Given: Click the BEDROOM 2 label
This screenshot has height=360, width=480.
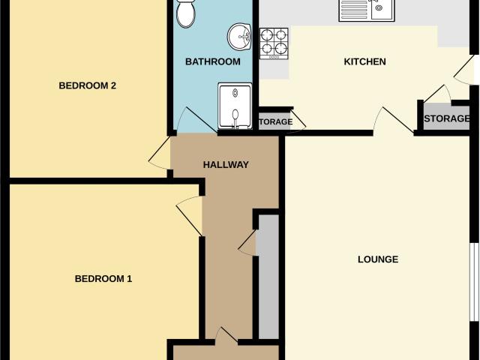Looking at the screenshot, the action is pyautogui.click(x=87, y=85).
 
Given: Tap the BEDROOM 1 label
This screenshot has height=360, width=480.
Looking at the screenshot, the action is pyautogui.click(x=103, y=278).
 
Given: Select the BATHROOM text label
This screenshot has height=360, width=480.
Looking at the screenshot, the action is pyautogui.click(x=213, y=61).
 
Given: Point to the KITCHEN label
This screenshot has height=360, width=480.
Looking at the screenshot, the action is pyautogui.click(x=364, y=61).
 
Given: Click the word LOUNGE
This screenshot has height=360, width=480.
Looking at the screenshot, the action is pyautogui.click(x=378, y=259).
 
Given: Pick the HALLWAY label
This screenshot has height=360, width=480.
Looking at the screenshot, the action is pyautogui.click(x=226, y=165).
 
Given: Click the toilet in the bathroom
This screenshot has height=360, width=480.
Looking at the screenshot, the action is pyautogui.click(x=185, y=13).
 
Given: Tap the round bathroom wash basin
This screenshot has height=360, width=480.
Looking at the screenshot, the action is pyautogui.click(x=239, y=37).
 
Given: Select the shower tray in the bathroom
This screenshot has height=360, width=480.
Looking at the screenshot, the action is pyautogui.click(x=235, y=106).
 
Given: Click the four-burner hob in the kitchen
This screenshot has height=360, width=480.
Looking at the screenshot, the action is pyautogui.click(x=274, y=43).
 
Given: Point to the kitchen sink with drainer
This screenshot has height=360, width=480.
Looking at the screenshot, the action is pyautogui.click(x=367, y=10).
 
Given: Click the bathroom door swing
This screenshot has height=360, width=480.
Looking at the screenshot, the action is pyautogui.click(x=196, y=120).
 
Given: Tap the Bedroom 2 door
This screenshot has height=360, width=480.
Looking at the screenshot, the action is pyautogui.click(x=159, y=152).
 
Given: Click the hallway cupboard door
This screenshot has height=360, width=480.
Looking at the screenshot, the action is pyautogui.click(x=247, y=242).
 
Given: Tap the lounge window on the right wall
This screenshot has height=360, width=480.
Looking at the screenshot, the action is pyautogui.click(x=475, y=282).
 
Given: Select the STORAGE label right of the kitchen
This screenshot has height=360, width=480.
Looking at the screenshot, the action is pyautogui.click(x=446, y=118).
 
